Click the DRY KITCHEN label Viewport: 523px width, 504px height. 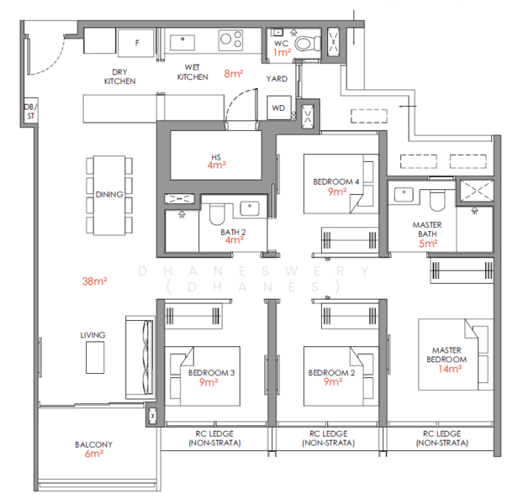click(119, 77)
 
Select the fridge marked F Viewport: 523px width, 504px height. click(138, 39)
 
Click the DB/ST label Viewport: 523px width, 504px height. click(29, 112)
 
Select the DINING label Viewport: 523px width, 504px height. click(109, 194)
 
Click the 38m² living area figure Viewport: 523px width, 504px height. click(94, 281)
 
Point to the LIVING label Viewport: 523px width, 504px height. click(93, 335)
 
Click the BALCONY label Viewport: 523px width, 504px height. click(93, 444)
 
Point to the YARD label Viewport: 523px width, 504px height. click(277, 79)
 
